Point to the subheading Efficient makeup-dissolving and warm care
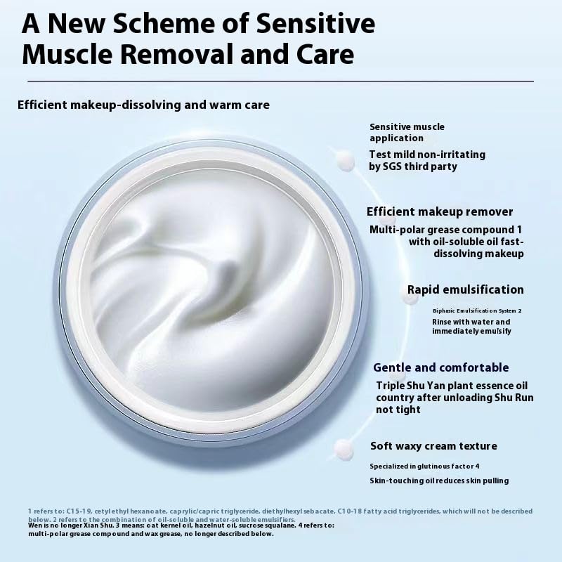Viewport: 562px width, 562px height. pos(143,105)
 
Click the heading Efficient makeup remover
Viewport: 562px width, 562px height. pos(440,211)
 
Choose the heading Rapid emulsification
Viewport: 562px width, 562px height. pos(465,289)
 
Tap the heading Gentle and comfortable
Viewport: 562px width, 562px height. pos(440,367)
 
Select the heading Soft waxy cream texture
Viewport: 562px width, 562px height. pos(433,446)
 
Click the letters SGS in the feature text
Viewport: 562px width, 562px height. pos(393,166)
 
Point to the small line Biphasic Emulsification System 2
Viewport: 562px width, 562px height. pos(477,310)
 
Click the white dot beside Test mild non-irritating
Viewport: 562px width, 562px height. pos(345,160)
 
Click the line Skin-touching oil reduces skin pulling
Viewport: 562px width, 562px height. pos(439,481)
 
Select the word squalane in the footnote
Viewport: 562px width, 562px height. pos(263,525)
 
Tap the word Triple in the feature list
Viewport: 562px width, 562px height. pos(391,385)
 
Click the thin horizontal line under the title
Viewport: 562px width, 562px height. pos(281,81)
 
